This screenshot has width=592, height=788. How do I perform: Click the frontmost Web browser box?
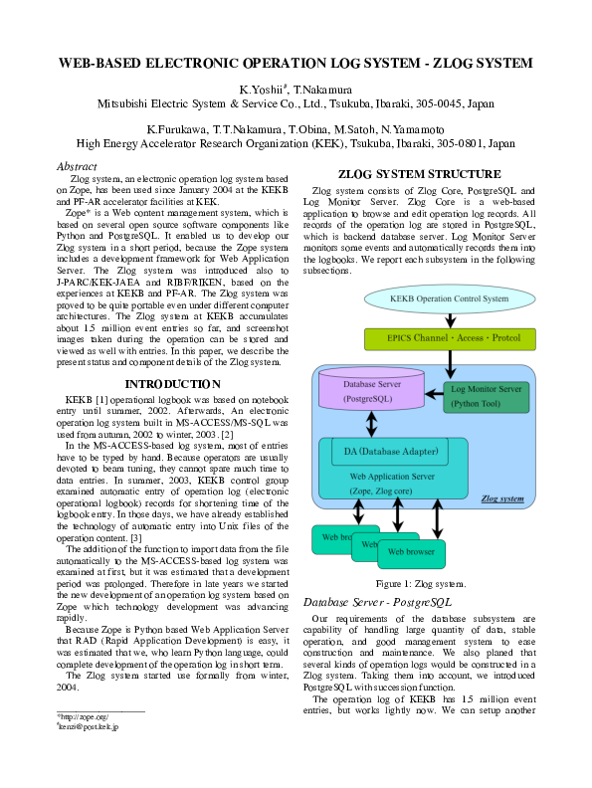pos(412,551)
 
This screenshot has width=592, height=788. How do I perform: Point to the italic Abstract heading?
pos(78,166)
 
